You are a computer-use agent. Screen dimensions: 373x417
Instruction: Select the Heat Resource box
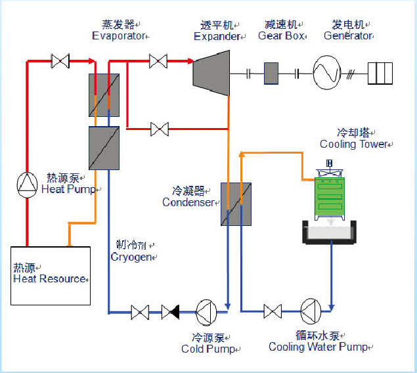pos(50,275)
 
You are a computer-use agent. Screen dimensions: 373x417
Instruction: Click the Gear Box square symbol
pos(272,73)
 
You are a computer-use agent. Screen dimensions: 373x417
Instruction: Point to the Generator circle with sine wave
pos(326,72)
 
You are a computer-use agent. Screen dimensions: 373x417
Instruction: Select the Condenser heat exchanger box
pos(236,204)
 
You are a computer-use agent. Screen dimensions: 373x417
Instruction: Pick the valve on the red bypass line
pos(158,129)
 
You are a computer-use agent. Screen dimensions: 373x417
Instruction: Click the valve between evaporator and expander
pos(158,62)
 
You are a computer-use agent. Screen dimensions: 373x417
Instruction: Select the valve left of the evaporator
pos(60,62)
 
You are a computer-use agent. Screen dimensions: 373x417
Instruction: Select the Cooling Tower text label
pos(353,144)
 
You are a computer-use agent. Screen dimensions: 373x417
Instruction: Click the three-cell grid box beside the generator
pos(380,73)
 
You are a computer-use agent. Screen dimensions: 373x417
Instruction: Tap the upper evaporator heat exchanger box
pos(104,95)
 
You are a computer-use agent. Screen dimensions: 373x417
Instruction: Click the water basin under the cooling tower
pos(330,232)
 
